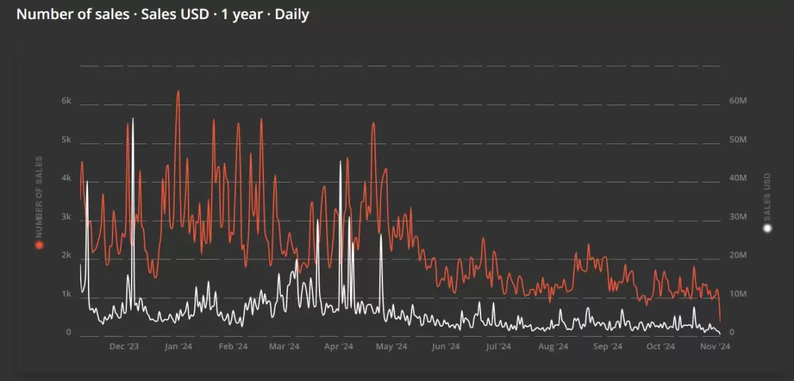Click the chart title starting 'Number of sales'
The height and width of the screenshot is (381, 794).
pyautogui.click(x=163, y=15)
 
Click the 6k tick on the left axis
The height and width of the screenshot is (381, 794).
pyautogui.click(x=66, y=102)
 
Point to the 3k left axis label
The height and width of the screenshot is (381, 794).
pyautogui.click(x=66, y=217)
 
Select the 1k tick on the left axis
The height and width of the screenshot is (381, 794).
pyautogui.click(x=66, y=294)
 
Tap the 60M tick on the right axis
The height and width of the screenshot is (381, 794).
pyautogui.click(x=738, y=102)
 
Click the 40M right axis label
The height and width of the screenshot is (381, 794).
pyautogui.click(x=738, y=179)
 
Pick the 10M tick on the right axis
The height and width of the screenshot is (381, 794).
pyautogui.click(x=738, y=294)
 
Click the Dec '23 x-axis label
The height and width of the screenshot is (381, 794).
pyautogui.click(x=124, y=346)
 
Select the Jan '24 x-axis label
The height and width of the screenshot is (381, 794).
pyautogui.click(x=177, y=346)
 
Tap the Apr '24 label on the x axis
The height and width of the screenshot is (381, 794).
pyautogui.click(x=339, y=346)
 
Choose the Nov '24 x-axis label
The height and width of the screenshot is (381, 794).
pyautogui.click(x=715, y=346)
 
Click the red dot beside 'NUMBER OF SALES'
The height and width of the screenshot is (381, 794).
pyautogui.click(x=39, y=245)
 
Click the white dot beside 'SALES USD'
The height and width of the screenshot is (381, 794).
pyautogui.click(x=768, y=229)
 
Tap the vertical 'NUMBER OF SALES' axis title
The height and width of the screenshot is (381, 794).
pyautogui.click(x=39, y=196)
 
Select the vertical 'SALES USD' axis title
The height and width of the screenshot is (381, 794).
pyautogui.click(x=768, y=196)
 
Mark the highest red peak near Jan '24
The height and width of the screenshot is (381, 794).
pyautogui.click(x=177, y=91)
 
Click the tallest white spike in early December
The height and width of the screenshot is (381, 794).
pyautogui.click(x=133, y=118)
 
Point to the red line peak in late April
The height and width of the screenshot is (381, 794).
pyautogui.click(x=373, y=124)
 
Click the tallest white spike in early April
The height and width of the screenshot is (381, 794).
pyautogui.click(x=341, y=161)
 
